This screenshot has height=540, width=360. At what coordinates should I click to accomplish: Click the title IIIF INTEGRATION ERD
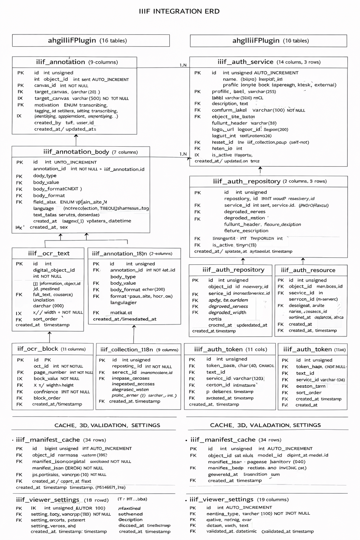coord(179,11)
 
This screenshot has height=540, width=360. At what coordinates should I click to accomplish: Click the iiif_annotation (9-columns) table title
coord(77,62)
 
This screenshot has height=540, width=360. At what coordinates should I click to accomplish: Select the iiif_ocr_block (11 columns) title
coord(51,349)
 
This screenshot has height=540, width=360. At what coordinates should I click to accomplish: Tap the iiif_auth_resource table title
coord(308,270)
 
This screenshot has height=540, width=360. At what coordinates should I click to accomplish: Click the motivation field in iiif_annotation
coord(47,105)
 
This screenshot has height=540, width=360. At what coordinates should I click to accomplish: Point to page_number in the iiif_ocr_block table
coord(50,372)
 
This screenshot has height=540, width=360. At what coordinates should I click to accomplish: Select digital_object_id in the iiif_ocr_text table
coord(54,270)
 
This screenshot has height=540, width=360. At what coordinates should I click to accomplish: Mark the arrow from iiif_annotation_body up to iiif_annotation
coord(76,140)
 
